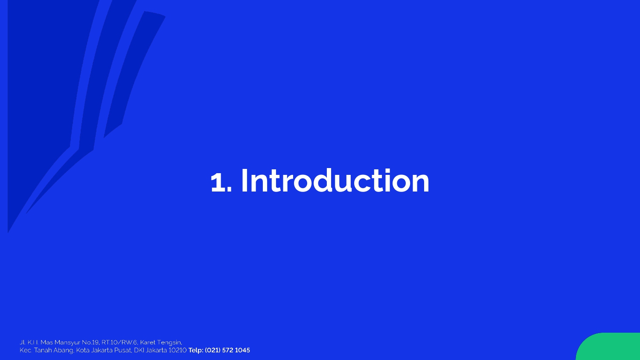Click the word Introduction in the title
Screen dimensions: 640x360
coord(335,180)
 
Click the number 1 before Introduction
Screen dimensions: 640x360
coord(218,182)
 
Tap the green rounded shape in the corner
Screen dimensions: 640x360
coord(608,347)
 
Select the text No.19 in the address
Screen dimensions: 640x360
coord(90,342)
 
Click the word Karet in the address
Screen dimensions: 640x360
coord(148,342)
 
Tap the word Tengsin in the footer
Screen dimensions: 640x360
coord(170,343)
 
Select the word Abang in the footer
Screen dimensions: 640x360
coord(64,350)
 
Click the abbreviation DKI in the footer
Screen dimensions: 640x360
coord(139,350)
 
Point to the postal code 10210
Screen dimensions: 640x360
coord(177,350)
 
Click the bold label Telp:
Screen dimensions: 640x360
coord(196,350)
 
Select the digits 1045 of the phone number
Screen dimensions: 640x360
coord(242,350)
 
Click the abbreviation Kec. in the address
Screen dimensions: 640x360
coord(26,350)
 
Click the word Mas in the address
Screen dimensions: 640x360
coord(47,342)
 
